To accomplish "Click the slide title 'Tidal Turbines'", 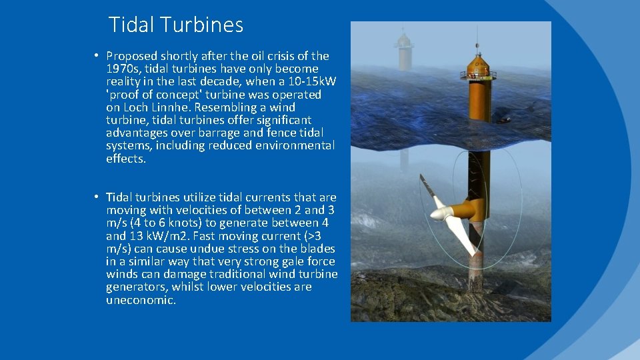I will [175, 25].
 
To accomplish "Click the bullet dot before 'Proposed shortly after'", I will [97, 56].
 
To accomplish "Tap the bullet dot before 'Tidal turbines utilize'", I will [97, 197].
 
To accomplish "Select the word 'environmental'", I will [295, 145].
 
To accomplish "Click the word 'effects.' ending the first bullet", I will [125, 159].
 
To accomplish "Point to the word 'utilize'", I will [201, 197].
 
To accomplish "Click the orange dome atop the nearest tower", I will [477, 64].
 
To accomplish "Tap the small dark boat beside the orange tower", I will [505, 120].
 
